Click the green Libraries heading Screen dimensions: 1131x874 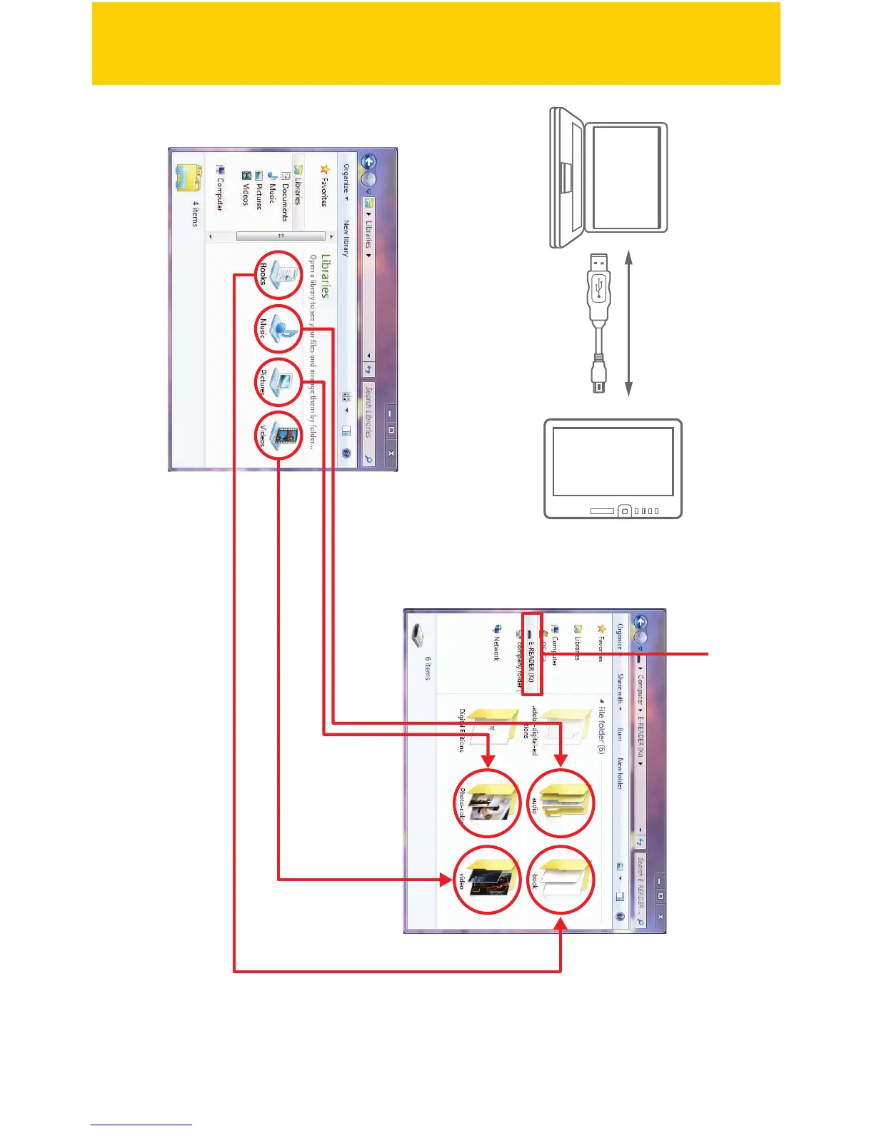click(326, 275)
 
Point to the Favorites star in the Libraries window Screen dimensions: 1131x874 click(324, 170)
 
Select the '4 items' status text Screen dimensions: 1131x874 click(195, 213)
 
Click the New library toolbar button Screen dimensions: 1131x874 click(346, 238)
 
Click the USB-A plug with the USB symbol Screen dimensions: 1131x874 click(598, 285)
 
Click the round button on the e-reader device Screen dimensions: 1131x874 click(625, 511)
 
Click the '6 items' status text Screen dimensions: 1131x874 click(428, 668)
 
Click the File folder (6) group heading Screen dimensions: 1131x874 click(601, 725)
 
